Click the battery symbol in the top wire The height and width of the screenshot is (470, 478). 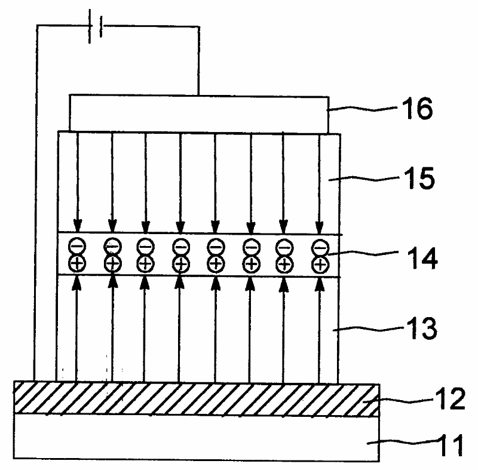(94, 26)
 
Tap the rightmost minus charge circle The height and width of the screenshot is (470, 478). (321, 245)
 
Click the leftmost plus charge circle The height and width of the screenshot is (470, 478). (76, 263)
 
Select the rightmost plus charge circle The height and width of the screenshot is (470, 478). (321, 263)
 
